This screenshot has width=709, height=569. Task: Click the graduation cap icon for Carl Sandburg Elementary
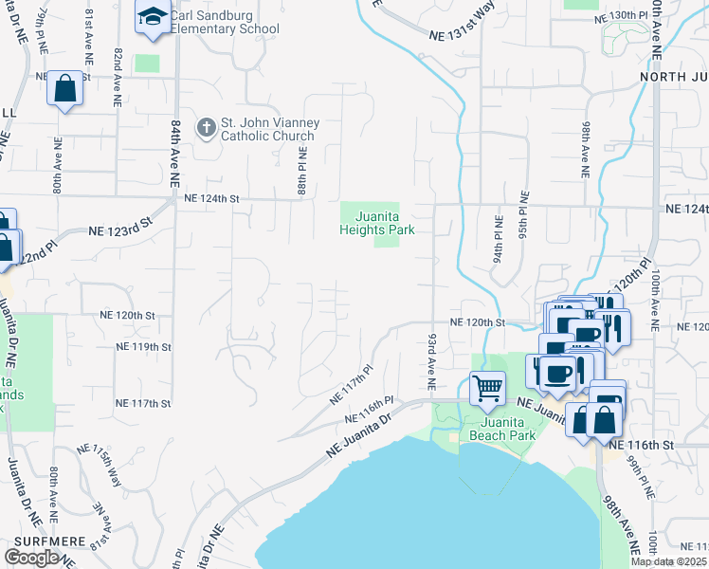[151, 17]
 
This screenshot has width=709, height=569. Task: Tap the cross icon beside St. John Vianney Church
[206, 127]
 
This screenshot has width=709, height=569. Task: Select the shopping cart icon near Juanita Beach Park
[487, 385]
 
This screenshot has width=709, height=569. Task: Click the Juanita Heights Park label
[377, 223]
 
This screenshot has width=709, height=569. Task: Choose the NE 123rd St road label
[120, 230]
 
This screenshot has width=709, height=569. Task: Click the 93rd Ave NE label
[429, 360]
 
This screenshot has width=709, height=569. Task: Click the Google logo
[31, 558]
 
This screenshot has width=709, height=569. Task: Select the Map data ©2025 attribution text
[669, 561]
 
